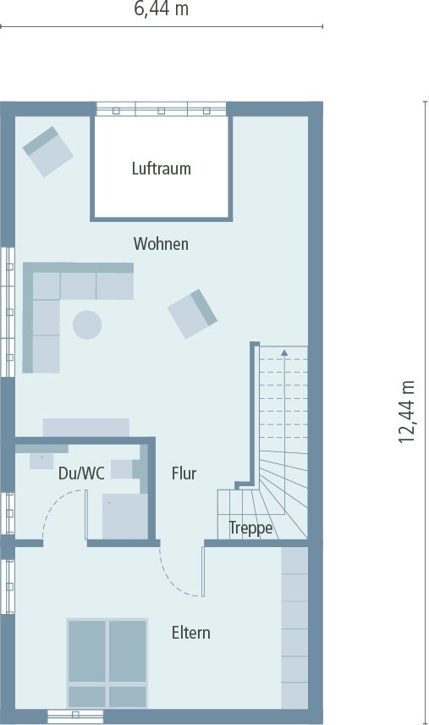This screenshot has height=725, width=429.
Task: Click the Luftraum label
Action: pos(161,169)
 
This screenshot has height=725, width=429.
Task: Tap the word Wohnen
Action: pos(161,244)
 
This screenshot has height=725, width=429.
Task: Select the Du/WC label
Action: pos(81,473)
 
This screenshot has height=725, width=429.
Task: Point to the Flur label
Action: pos(184,473)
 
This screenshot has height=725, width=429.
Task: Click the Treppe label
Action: pos(250,529)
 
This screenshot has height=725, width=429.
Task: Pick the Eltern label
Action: pos(190,633)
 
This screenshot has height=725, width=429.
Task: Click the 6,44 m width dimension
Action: pos(161,9)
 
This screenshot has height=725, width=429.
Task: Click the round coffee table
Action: pos(86,324)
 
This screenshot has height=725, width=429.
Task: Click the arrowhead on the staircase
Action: pos(284,351)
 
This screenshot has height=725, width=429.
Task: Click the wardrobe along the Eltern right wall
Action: pos(294,627)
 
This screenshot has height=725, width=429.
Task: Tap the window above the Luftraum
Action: pos(161,108)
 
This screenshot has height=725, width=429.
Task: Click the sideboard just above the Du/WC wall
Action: pos(86,426)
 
